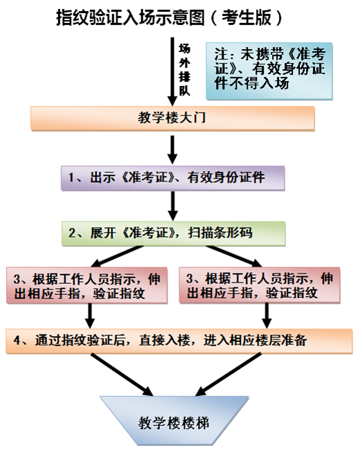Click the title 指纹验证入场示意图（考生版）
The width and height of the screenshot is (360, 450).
(170, 18)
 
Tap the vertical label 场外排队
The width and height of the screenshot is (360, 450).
(185, 69)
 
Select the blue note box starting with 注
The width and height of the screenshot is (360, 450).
(269, 71)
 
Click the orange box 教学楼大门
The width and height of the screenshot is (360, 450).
(172, 118)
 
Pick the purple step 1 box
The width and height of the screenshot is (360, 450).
(173, 178)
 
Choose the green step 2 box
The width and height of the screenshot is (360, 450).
(173, 233)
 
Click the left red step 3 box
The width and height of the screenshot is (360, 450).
(87, 285)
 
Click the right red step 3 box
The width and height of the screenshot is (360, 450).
(260, 285)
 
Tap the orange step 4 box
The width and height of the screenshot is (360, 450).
(179, 341)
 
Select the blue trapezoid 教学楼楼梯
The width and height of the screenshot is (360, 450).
(174, 421)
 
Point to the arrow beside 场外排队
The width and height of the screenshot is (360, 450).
(172, 72)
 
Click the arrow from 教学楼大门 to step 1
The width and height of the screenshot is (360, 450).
(172, 150)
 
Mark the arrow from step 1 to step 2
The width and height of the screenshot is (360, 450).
(172, 206)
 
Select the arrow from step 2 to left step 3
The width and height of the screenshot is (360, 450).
(116, 256)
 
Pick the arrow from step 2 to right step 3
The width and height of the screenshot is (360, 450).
(234, 256)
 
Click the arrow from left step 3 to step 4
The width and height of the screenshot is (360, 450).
(90, 316)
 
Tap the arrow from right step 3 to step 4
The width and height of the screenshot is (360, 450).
(267, 316)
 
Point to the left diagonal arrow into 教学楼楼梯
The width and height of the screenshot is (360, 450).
(123, 375)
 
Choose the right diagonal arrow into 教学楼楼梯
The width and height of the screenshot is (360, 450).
(228, 375)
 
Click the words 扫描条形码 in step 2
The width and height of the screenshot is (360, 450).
(220, 233)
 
